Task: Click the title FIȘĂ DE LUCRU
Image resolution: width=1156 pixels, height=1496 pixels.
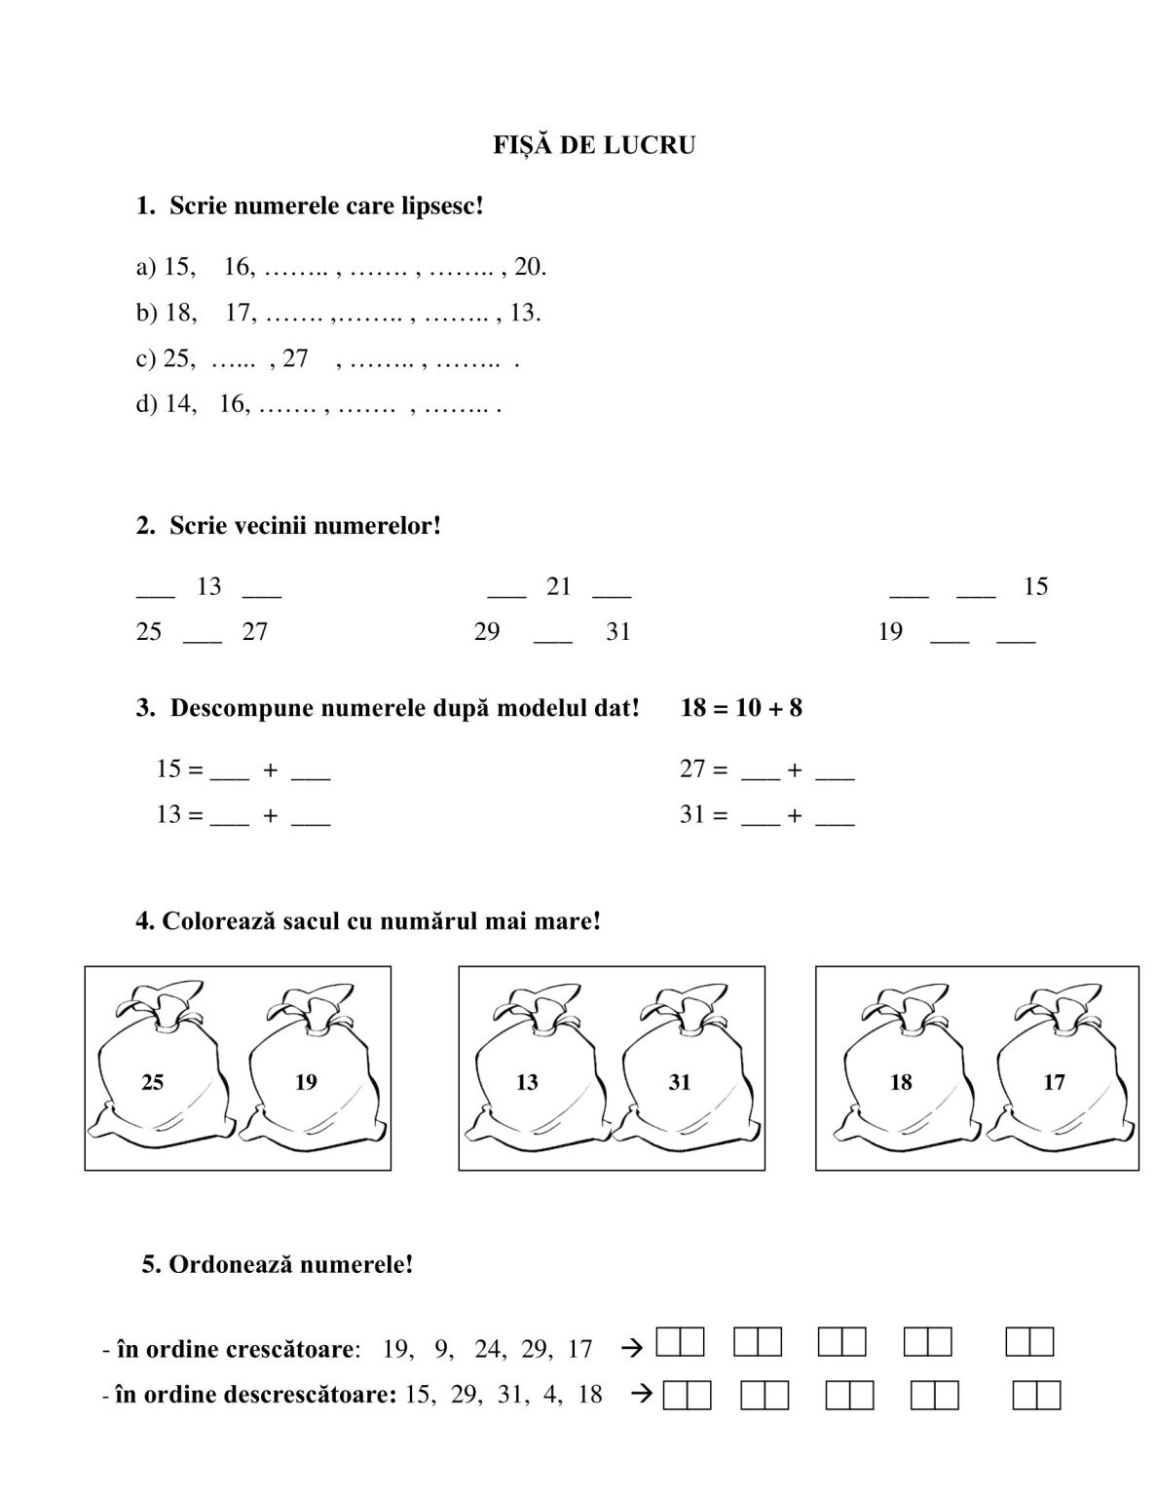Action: [594, 145]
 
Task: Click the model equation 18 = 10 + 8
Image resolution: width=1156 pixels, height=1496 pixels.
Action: [741, 708]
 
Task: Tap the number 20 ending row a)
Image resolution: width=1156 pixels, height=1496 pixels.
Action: [529, 267]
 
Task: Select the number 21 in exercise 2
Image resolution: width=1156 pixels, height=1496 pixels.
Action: [559, 586]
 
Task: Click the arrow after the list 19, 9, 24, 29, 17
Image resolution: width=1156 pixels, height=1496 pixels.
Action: [632, 1349]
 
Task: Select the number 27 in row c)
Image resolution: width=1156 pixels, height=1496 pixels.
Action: [296, 358]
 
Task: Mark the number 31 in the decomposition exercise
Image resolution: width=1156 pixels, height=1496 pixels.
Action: [692, 814]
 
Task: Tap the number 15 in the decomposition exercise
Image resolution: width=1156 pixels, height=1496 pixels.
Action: [169, 769]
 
